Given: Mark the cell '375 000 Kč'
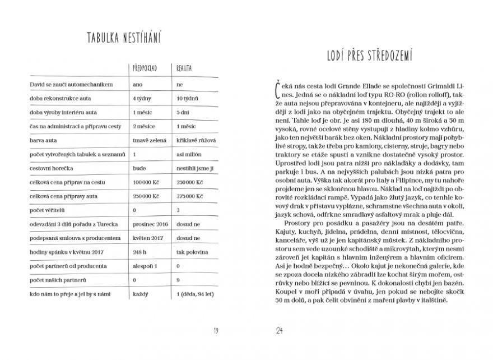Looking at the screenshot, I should coord(189,196).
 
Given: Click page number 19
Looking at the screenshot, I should coord(216,330).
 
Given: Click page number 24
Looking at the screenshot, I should coord(277,330).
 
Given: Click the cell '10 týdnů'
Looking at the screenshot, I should coord(186,98).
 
